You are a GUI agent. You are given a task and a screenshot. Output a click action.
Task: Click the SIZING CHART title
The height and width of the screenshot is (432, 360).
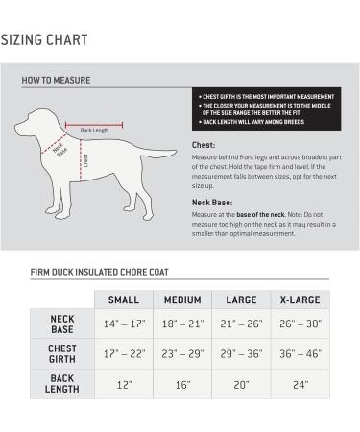point(45,40)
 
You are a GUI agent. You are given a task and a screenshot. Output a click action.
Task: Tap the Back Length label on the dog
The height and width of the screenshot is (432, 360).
point(94,130)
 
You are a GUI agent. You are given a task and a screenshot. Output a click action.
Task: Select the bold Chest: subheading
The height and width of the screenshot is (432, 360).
point(204,146)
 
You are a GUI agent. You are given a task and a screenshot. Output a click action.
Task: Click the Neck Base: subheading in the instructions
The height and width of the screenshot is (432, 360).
point(214,203)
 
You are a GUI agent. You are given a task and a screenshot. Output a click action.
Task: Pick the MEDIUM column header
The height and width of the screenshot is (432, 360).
point(182,300)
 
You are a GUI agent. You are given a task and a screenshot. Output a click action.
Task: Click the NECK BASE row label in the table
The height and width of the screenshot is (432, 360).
point(62,323)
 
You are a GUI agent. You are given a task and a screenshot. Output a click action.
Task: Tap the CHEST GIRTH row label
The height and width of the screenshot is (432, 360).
point(62,353)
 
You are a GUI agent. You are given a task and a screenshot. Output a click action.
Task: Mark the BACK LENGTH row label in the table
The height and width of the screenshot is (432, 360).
point(62,384)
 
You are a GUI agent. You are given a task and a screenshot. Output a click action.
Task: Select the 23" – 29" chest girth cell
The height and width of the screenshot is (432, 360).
point(182,353)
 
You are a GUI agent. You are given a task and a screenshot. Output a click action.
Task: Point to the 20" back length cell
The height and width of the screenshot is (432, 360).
point(240,384)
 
